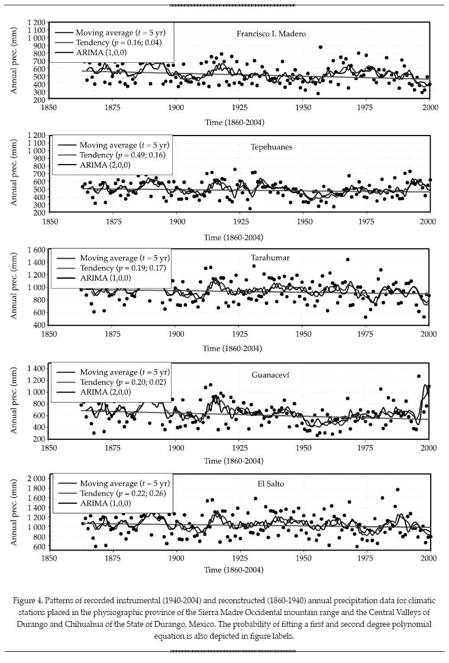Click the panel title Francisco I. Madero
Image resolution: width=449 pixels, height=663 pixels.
(x=271, y=34)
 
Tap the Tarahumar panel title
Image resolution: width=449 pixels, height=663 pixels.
(x=270, y=257)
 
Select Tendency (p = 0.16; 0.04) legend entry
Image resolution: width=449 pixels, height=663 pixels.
(x=118, y=43)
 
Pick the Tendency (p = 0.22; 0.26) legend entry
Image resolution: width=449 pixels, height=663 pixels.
(x=122, y=493)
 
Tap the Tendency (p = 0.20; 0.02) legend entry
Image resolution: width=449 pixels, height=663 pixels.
(x=122, y=382)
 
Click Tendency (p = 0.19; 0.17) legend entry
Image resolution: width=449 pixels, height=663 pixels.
(x=122, y=268)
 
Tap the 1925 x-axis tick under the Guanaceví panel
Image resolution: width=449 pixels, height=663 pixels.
(x=240, y=448)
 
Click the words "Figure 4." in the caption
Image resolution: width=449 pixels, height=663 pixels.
(x=28, y=600)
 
